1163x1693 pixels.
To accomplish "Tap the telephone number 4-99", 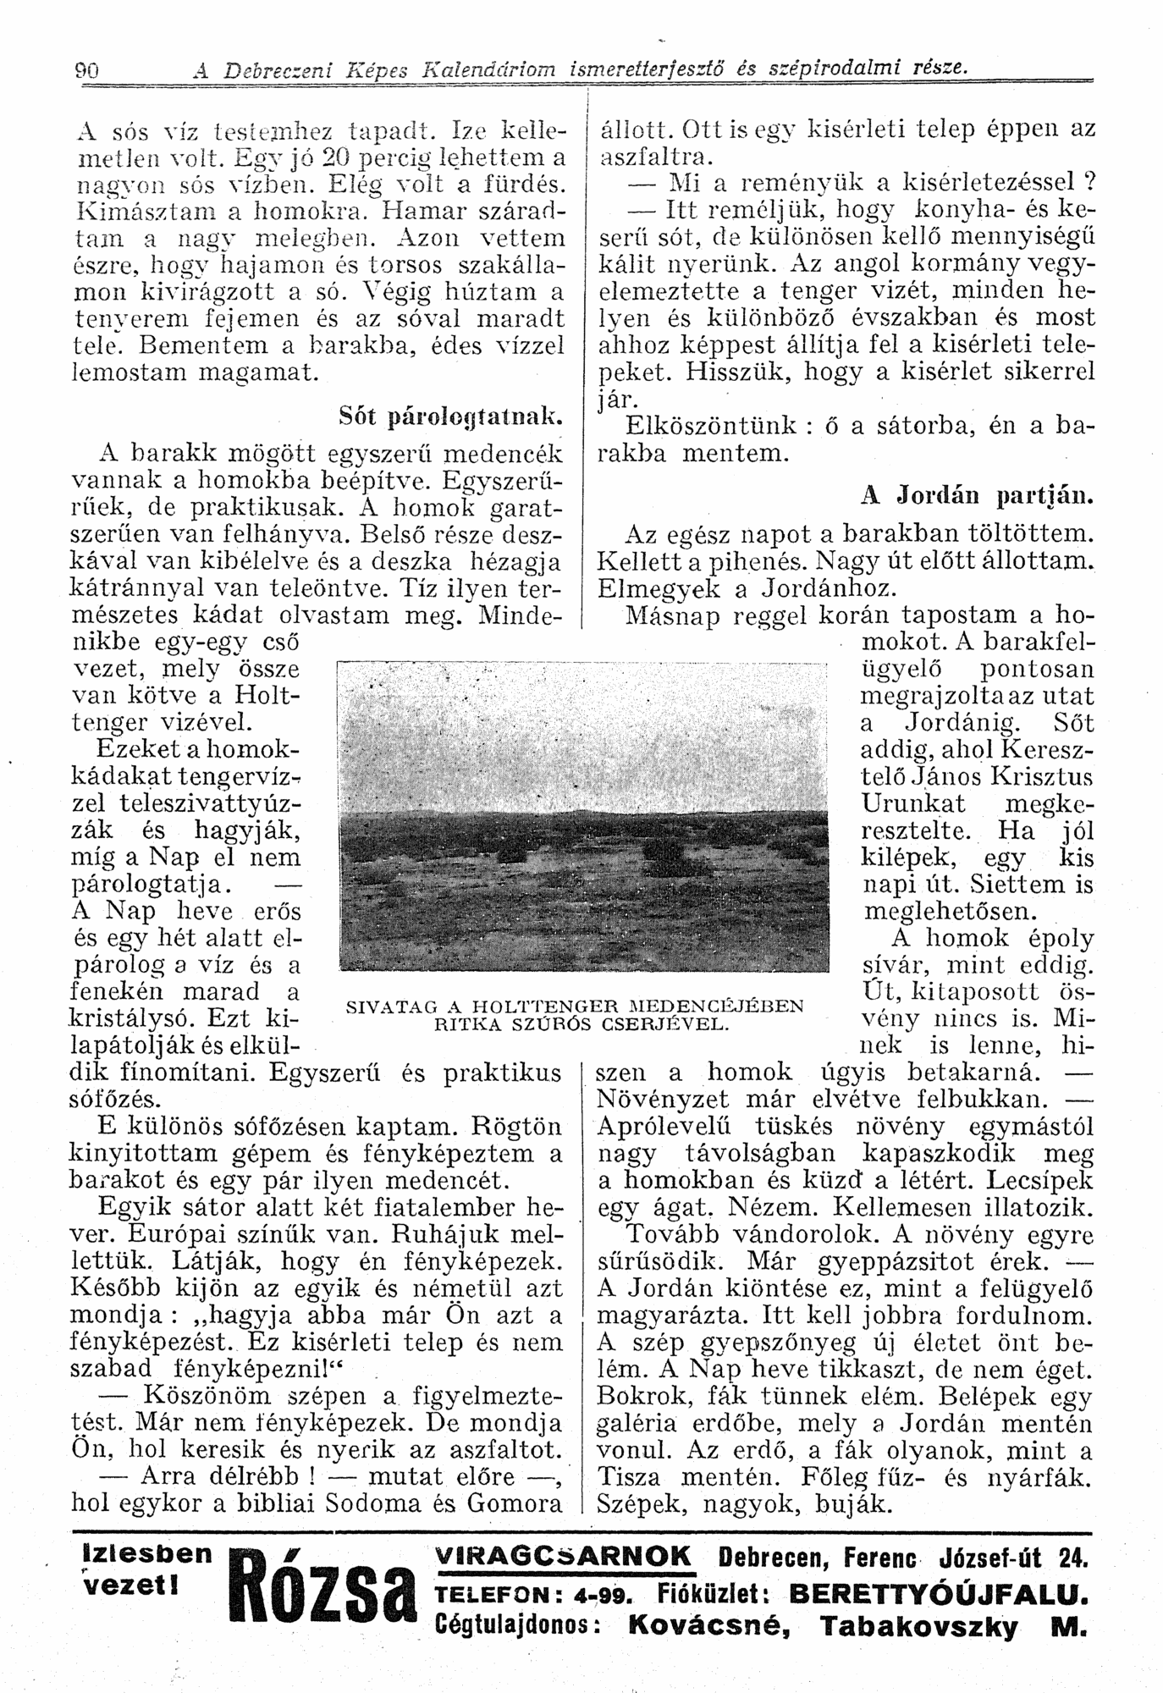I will [604, 1595].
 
